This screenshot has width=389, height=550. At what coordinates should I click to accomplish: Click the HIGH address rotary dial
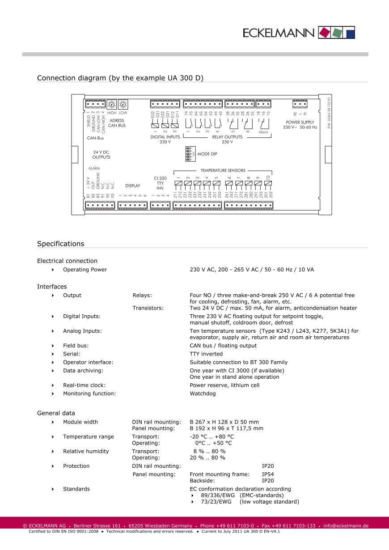pyautogui.click(x=111, y=104)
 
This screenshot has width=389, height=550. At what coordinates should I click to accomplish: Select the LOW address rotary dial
pyautogui.click(x=123, y=104)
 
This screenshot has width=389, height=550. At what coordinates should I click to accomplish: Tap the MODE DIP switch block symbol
pyautogui.click(x=189, y=154)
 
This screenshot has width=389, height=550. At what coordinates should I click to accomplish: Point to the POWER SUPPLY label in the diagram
pyautogui.click(x=300, y=122)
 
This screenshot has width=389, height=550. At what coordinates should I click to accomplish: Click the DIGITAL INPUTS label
pyautogui.click(x=165, y=137)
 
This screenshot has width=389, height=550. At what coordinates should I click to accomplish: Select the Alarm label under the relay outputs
pyautogui.click(x=263, y=132)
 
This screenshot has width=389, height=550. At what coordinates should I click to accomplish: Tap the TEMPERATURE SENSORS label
pyautogui.click(x=223, y=170)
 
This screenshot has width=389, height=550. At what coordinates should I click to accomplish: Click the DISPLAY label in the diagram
pyautogui.click(x=133, y=186)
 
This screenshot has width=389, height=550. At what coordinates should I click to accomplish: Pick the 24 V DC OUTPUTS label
pyautogui.click(x=101, y=155)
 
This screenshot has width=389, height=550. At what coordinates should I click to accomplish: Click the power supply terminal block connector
pyautogui.click(x=300, y=104)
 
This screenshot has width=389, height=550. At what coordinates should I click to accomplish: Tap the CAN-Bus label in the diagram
pyautogui.click(x=95, y=138)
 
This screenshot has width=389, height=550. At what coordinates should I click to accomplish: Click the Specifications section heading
pyautogui.click(x=60, y=244)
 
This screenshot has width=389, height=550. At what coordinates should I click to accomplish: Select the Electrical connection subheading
pyautogui.click(x=67, y=261)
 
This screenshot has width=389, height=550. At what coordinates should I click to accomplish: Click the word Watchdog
pyautogui.click(x=203, y=393)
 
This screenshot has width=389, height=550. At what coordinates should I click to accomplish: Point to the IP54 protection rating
pyautogui.click(x=268, y=474)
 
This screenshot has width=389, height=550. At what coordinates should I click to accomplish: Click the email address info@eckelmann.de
pyautogui.click(x=346, y=525)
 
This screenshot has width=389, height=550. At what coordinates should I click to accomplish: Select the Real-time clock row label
pyautogui.click(x=84, y=385)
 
